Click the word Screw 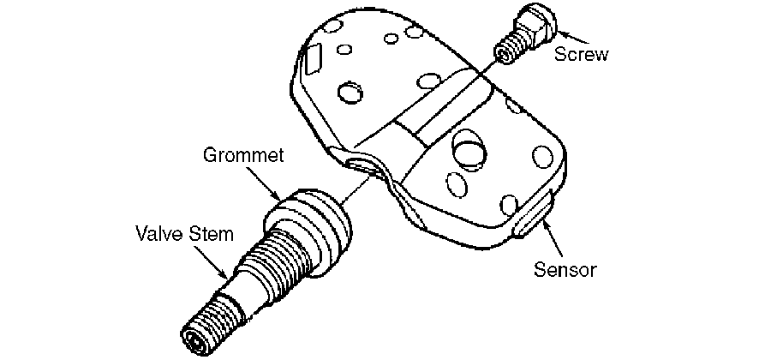coord(581,54)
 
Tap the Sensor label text coord(565,269)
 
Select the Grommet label coord(244,155)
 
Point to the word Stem coord(210,234)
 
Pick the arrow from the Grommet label coord(263,184)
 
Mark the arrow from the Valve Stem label coord(210,261)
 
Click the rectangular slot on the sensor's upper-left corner coord(313,59)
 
